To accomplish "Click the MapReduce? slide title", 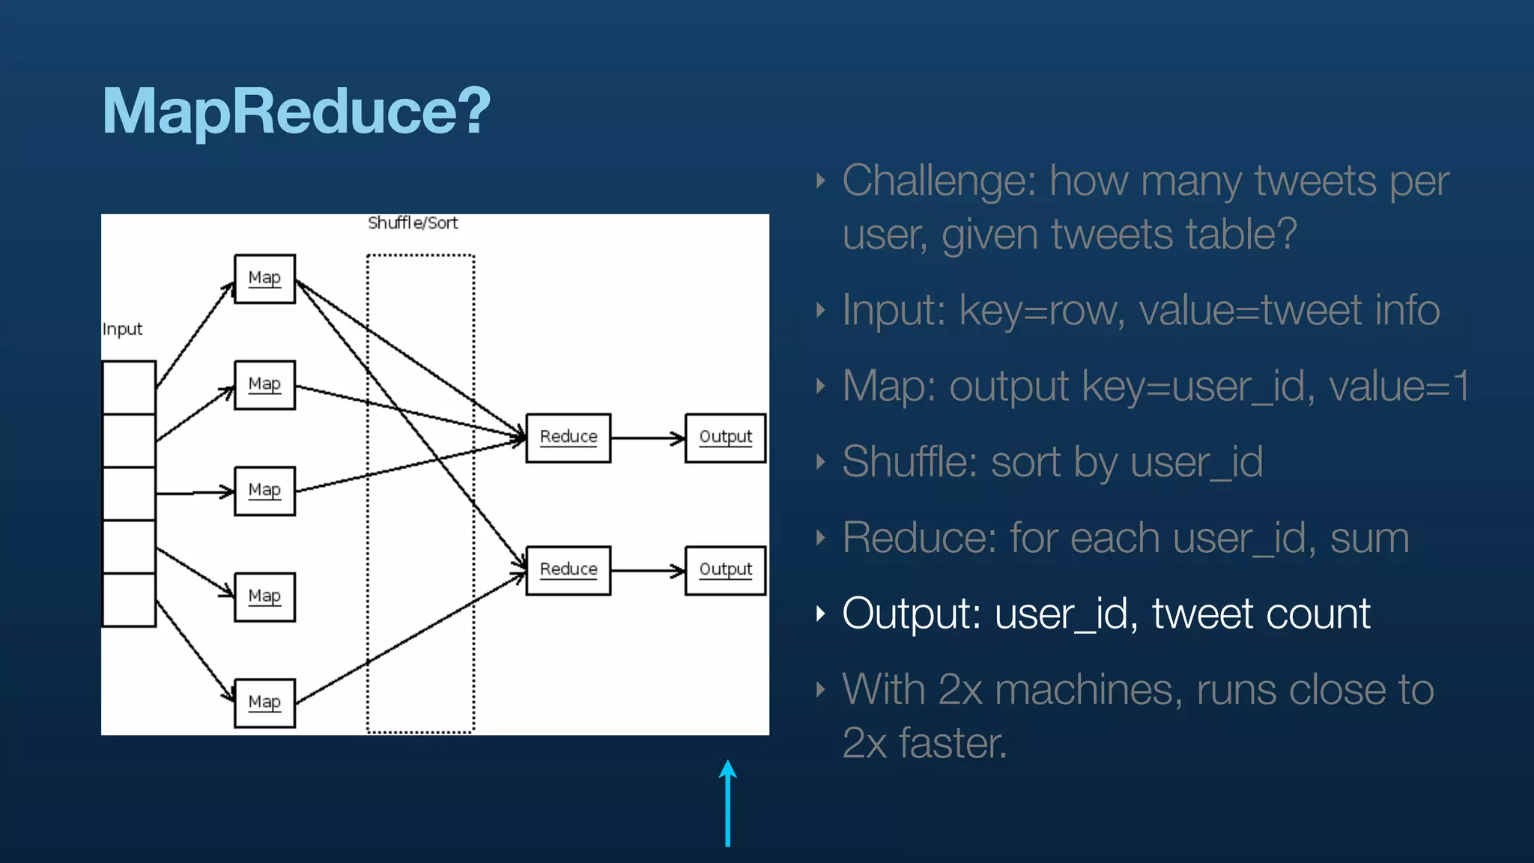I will (x=296, y=111).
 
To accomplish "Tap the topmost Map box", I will (x=264, y=279).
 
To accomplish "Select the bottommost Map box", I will (x=264, y=703).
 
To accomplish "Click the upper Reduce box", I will (x=568, y=437).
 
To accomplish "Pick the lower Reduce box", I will (x=568, y=570).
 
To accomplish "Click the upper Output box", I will (x=725, y=437).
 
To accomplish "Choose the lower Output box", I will (x=725, y=570).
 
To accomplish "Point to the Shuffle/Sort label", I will (x=412, y=223).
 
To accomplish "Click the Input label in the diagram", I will (x=122, y=330).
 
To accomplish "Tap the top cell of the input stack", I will (x=129, y=387).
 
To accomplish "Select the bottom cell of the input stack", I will (x=129, y=599).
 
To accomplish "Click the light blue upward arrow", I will (x=727, y=803).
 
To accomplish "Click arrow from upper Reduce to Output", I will (x=647, y=438).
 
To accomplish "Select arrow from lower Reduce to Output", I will (x=647, y=571).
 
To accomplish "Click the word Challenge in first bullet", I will (x=939, y=181).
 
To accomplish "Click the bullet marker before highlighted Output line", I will (x=821, y=614).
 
